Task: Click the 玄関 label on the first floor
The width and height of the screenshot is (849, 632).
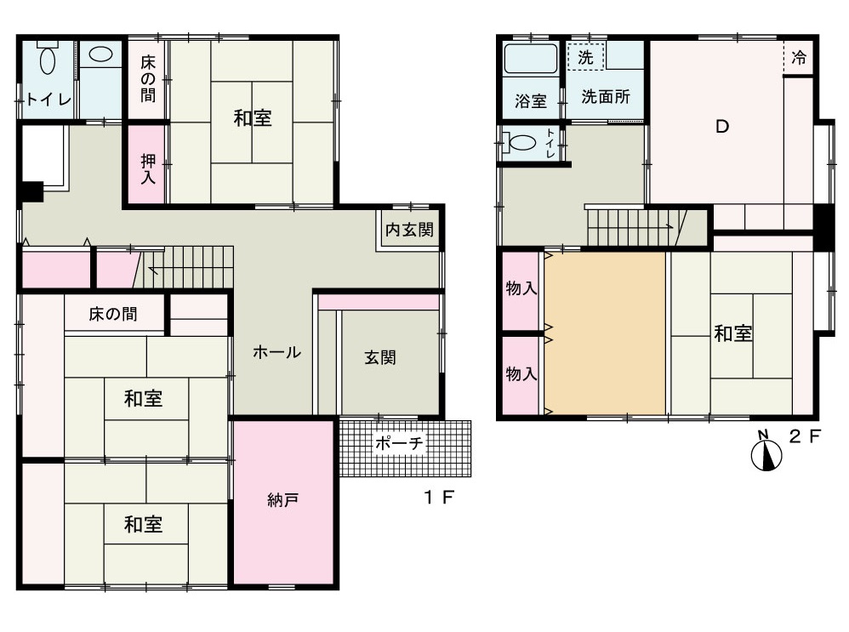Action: [380, 357]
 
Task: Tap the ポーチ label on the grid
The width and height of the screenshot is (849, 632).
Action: [399, 443]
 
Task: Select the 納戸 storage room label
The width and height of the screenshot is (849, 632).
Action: [282, 500]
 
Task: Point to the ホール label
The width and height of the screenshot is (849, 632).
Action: [276, 352]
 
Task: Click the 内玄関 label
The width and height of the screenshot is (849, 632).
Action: [409, 230]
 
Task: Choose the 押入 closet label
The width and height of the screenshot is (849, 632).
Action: [148, 168]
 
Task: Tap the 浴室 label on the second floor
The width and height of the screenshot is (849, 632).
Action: [531, 100]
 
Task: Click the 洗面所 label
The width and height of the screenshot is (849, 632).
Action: [606, 96]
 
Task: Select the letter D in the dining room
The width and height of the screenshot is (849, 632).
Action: [721, 126]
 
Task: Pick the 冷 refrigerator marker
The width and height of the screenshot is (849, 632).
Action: [799, 57]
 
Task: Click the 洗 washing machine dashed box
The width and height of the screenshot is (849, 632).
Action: [586, 56]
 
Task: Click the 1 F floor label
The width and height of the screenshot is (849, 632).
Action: [439, 497]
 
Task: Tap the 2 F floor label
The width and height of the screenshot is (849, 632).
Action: [805, 436]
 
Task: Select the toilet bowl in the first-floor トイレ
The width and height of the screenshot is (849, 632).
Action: [48, 59]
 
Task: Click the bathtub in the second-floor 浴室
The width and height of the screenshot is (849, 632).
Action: [531, 59]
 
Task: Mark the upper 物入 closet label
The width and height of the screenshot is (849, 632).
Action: [521, 288]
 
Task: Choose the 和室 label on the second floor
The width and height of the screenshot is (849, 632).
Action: [733, 333]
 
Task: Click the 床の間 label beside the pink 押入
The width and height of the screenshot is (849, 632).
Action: [148, 78]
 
